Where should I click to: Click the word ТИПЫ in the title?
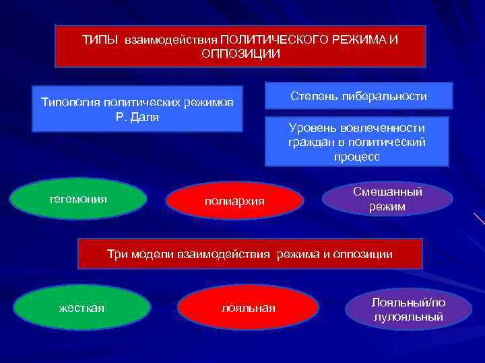(x=99, y=40)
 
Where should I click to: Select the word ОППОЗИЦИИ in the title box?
(x=240, y=54)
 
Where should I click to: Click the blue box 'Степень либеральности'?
(x=358, y=96)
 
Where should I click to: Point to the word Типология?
(x=69, y=103)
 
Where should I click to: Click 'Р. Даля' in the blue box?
(x=137, y=116)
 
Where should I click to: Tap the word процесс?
(x=356, y=157)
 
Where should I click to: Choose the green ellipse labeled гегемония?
(x=79, y=199)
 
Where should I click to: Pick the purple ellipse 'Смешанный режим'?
(x=387, y=200)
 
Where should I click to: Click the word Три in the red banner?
(x=117, y=254)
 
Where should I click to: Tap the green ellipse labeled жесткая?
(x=82, y=308)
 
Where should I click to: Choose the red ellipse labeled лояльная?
(x=248, y=308)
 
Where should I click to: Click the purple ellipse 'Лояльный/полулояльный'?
(x=408, y=309)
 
